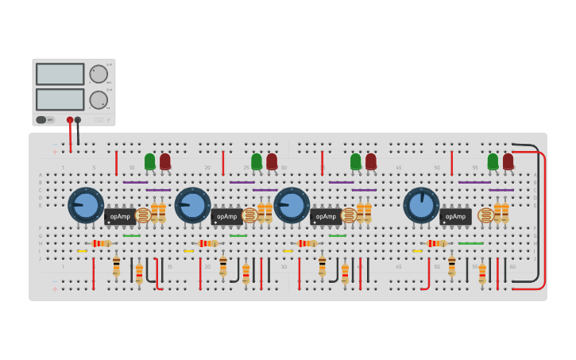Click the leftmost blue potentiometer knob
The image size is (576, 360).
(86, 205)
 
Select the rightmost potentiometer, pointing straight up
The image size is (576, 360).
(421, 205)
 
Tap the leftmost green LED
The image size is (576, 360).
(150, 161)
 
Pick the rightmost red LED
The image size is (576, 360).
(508, 161)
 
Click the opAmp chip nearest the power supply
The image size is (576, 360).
(120, 216)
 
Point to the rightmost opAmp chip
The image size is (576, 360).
(455, 216)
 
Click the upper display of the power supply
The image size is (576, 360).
(60, 74)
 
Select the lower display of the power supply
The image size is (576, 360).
(60, 99)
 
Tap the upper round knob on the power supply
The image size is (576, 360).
(99, 74)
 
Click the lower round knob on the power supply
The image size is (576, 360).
(99, 99)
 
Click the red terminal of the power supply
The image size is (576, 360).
(70, 120)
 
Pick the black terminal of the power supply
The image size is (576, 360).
(78, 120)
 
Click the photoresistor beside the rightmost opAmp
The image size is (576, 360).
(485, 215)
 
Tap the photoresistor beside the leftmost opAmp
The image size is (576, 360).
(143, 215)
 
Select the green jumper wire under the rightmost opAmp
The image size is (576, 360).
(470, 243)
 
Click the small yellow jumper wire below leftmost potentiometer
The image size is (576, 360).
(82, 251)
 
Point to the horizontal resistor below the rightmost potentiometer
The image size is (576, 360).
(436, 243)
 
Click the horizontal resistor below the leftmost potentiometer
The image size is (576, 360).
(101, 243)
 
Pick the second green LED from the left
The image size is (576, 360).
(257, 161)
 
